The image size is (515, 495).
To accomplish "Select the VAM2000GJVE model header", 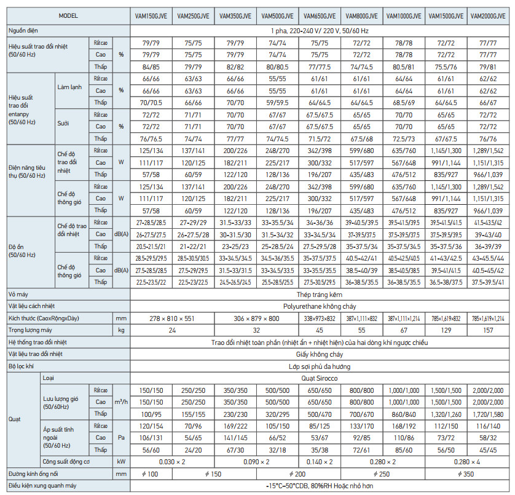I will tap(490, 17).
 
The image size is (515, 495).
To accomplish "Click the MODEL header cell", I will tap(67, 17).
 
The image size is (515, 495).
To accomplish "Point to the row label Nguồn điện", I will tap(24, 30).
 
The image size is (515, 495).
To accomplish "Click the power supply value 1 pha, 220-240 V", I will tap(320, 30).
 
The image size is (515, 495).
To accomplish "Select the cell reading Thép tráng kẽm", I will tap(320, 295).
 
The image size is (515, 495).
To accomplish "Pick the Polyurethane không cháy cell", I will tap(320, 306).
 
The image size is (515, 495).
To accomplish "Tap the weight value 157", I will tap(490, 330).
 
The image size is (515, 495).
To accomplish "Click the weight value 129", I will tap(447, 330).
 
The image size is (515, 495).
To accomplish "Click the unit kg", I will tap(121, 330).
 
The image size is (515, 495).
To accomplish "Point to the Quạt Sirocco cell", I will tap(320, 379).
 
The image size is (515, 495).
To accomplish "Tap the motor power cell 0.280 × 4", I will tap(468, 461).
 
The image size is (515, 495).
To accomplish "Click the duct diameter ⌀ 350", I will tap(468, 473).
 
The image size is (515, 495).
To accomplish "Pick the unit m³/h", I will tap(121, 402).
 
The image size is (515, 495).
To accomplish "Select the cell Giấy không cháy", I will tap(320, 354).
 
